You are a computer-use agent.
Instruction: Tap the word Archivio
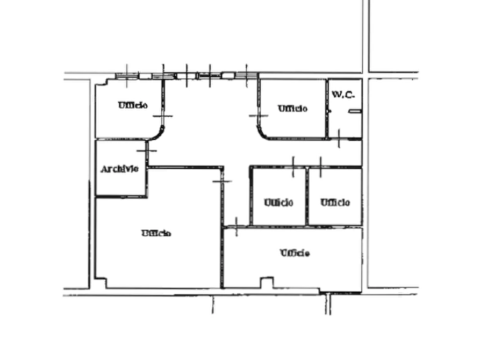tap(119, 169)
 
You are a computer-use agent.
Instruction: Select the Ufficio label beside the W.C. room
tap(292, 109)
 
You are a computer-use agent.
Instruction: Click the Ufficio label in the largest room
tap(156, 233)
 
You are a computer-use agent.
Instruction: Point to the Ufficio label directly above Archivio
tap(133, 105)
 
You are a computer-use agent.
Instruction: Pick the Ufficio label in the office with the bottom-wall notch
tap(295, 253)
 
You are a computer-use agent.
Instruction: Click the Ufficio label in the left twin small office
tap(278, 203)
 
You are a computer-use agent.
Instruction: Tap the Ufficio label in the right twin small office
tap(335, 203)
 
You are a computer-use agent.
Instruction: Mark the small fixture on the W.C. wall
tap(355, 111)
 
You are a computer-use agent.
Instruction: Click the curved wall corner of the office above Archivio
tap(159, 135)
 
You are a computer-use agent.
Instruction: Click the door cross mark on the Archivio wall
tap(147, 150)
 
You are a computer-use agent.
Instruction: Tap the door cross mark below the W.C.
tap(339, 139)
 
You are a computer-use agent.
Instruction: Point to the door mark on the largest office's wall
tap(222, 181)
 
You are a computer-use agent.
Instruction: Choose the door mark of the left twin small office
tap(293, 167)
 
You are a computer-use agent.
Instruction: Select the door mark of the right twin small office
tap(320, 167)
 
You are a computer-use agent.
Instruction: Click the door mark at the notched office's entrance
tap(236, 227)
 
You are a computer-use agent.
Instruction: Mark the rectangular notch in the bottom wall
tap(267, 283)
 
